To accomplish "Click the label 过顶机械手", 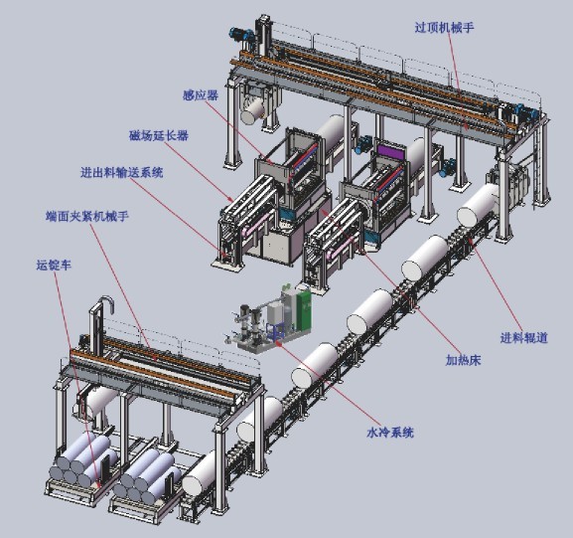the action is (x=444, y=28).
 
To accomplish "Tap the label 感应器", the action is (x=201, y=95).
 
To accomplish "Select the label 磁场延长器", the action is (x=159, y=136).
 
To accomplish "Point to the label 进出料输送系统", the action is (x=122, y=172).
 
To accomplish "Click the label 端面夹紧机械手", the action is (x=87, y=217).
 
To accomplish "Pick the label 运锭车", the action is (x=54, y=265).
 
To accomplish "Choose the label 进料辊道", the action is (x=524, y=337).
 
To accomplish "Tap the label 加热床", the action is (x=463, y=360).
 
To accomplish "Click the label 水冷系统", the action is (x=390, y=433).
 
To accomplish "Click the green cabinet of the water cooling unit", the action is (x=304, y=310).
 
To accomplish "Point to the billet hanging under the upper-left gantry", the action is (x=254, y=110).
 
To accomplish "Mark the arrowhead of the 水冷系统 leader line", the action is (x=278, y=342).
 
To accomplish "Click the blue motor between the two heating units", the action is (x=364, y=143).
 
